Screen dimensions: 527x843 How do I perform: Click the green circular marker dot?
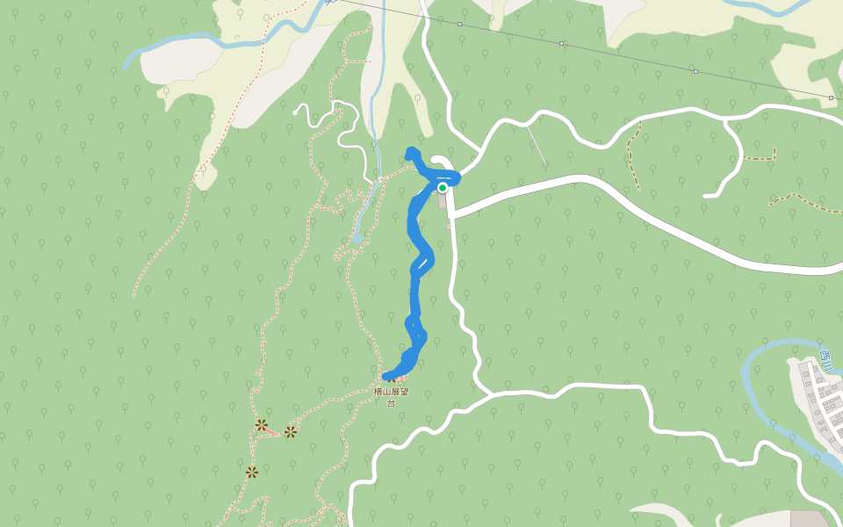click(443, 187)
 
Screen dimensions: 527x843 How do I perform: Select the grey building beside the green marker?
click(443, 200)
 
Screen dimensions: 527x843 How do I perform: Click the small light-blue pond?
click(357, 238)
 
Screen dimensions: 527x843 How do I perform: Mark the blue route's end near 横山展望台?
click(387, 377)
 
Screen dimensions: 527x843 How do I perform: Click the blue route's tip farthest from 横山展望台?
click(410, 151)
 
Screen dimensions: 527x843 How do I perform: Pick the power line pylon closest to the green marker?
click(459, 25)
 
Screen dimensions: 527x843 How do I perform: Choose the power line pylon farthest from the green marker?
click(831, 97)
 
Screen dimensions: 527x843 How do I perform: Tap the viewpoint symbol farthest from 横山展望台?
click(252, 473)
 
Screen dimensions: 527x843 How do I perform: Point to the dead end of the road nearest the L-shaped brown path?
click(705, 195)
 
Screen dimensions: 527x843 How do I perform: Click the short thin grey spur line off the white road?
click(537, 145)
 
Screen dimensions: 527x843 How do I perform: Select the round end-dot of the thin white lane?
click(297, 112)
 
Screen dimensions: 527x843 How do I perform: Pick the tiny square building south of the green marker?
click(448, 226)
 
